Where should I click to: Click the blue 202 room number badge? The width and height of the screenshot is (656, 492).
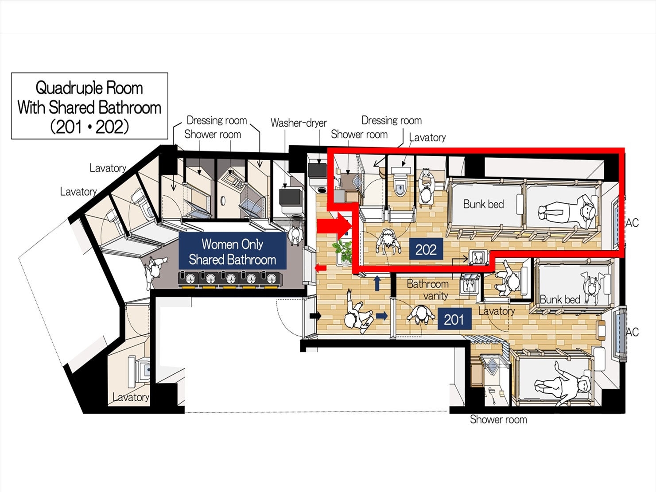point(426,249)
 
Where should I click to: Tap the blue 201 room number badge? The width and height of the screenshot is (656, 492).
point(454,319)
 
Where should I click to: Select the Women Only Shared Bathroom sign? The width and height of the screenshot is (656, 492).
point(232,251)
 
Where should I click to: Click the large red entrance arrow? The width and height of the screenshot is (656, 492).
point(334,226)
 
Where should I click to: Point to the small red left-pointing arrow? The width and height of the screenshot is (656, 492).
point(320,268)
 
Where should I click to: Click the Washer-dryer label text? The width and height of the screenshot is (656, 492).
point(299,123)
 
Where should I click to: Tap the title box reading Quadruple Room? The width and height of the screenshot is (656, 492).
point(89,106)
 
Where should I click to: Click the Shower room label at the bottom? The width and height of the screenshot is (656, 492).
point(498,419)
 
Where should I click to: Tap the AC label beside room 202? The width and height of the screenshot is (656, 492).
point(632,223)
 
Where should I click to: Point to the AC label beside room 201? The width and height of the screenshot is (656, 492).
point(632,332)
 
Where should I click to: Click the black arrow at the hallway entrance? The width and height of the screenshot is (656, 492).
point(315,315)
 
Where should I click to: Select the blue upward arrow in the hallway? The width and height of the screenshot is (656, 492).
point(377,283)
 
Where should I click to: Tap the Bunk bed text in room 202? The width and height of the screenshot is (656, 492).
point(483,204)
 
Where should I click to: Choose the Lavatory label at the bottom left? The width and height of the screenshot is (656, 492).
point(131,397)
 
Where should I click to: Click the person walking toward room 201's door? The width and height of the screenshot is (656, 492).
point(358,311)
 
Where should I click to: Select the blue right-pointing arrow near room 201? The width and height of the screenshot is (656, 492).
point(382,316)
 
